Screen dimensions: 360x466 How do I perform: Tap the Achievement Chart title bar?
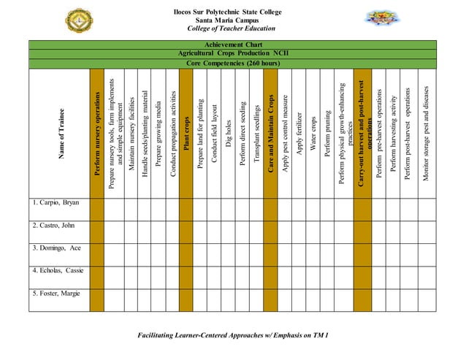232,45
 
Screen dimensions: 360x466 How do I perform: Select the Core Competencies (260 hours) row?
232,63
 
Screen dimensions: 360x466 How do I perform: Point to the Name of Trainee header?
58,131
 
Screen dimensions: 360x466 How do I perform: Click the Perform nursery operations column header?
96,131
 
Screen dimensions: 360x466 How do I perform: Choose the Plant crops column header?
186,131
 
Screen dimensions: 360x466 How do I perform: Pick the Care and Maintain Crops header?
271,131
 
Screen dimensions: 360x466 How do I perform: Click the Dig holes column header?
229,131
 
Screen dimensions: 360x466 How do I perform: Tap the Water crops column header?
313,131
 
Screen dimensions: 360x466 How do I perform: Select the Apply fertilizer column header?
299,131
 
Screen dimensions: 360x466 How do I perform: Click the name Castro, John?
53,225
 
